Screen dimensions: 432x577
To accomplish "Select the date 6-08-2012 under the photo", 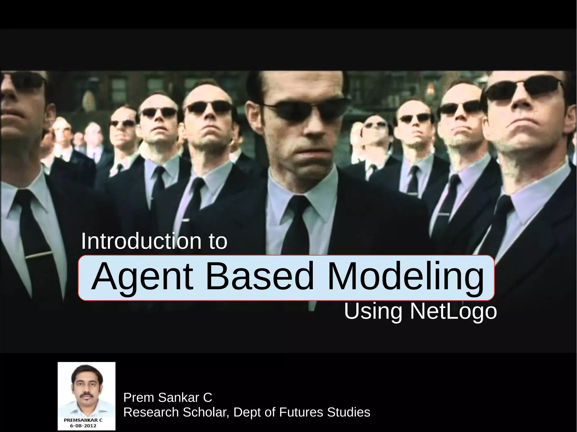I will tap(83, 426).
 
